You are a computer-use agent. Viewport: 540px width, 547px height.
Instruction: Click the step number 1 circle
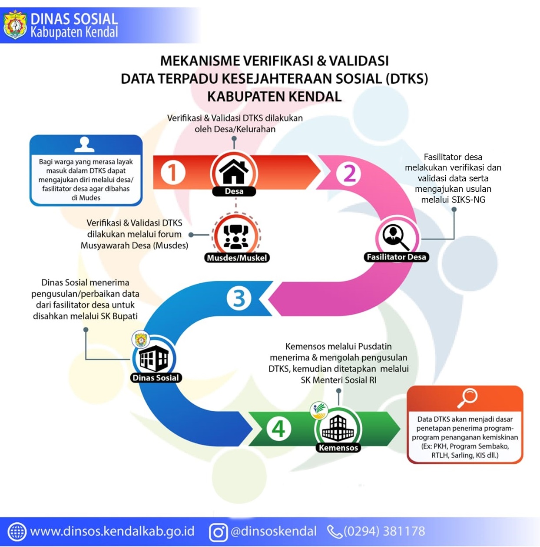pyautogui.click(x=173, y=172)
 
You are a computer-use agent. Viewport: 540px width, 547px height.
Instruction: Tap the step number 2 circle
pyautogui.click(x=348, y=174)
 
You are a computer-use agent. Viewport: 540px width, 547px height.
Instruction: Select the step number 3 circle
pyautogui.click(x=239, y=298)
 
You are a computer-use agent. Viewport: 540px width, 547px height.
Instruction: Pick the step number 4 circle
pyautogui.click(x=278, y=429)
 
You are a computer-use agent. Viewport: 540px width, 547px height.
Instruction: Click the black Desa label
pyautogui.click(x=234, y=191)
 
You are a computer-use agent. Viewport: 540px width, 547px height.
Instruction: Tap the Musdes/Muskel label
pyautogui.click(x=237, y=258)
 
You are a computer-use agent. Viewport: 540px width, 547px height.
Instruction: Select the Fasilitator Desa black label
pyautogui.click(x=396, y=257)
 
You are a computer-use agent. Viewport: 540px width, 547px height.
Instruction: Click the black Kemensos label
pyautogui.click(x=338, y=448)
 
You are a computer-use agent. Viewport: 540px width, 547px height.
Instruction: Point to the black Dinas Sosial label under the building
pyautogui.click(x=156, y=378)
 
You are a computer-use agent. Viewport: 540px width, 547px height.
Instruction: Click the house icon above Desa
pyautogui.click(x=234, y=171)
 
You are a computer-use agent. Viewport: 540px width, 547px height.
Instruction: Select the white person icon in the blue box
pyautogui.click(x=84, y=145)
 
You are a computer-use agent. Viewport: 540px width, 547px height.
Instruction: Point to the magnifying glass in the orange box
pyautogui.click(x=467, y=398)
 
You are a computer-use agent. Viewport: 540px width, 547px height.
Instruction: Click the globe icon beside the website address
pyautogui.click(x=17, y=532)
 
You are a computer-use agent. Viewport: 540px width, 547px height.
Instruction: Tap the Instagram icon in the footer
pyautogui.click(x=219, y=532)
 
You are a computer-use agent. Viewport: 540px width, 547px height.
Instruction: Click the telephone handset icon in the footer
pyautogui.click(x=335, y=532)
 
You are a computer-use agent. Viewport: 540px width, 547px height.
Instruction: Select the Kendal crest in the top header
pyautogui.click(x=15, y=25)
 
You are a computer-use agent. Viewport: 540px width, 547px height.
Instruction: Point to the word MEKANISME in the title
pyautogui.click(x=199, y=61)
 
